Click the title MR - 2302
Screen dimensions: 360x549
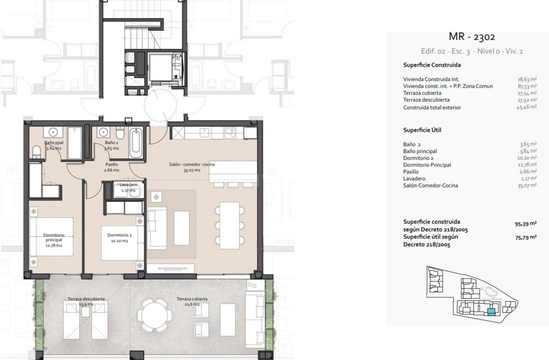471,37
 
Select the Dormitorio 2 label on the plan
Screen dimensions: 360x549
119,238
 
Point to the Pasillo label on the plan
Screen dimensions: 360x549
111,167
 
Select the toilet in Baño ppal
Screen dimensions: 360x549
36,152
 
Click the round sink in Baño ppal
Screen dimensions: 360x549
53,133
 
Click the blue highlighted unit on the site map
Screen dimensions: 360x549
491,311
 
